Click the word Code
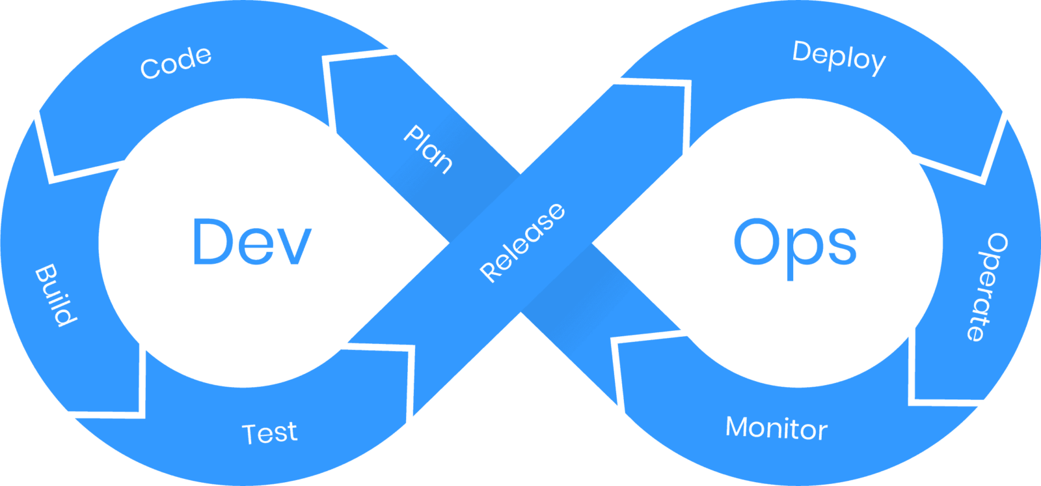[x=176, y=63]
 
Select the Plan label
[x=427, y=149]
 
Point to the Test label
[x=269, y=433]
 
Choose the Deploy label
[x=839, y=58]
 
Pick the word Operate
[x=988, y=287]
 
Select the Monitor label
[x=777, y=428]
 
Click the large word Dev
[x=252, y=242]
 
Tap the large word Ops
[x=795, y=249]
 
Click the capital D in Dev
[x=212, y=242]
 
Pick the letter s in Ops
[x=842, y=247]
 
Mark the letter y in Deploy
[x=878, y=64]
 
